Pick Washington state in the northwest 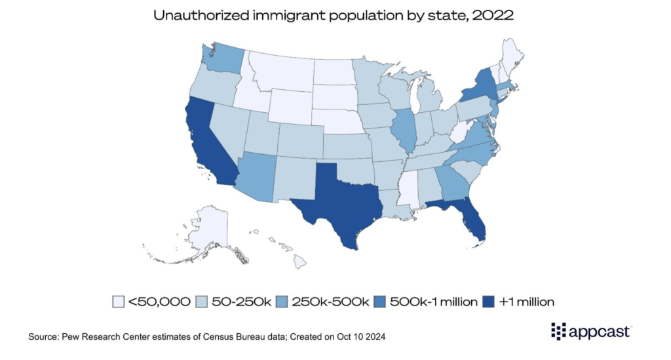(219, 58)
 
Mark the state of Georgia (448, 180)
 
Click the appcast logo (590, 332)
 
